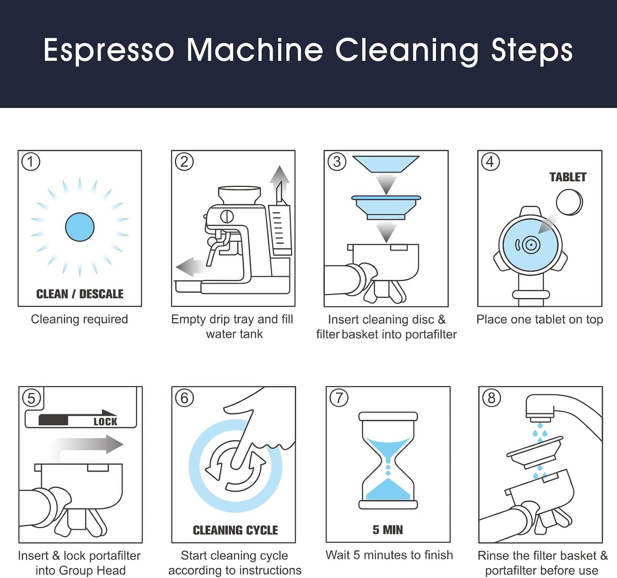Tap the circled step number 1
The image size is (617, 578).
click(30, 162)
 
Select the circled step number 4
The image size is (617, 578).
click(490, 162)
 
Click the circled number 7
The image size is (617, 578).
click(339, 398)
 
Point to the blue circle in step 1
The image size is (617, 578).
click(80, 227)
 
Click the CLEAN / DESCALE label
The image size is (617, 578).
click(80, 294)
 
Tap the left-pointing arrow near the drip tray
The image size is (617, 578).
click(190, 267)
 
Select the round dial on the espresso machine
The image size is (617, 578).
click(227, 216)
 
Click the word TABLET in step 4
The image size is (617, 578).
click(568, 178)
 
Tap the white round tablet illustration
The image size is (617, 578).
click(570, 202)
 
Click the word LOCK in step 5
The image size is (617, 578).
click(105, 422)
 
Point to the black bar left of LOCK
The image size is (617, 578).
click(53, 420)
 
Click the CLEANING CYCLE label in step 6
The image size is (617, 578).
click(235, 530)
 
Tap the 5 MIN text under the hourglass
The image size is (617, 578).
click(388, 530)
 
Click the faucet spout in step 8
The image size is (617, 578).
click(540, 407)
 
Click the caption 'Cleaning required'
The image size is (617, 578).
click(80, 319)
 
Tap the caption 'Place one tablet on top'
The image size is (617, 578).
click(540, 320)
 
